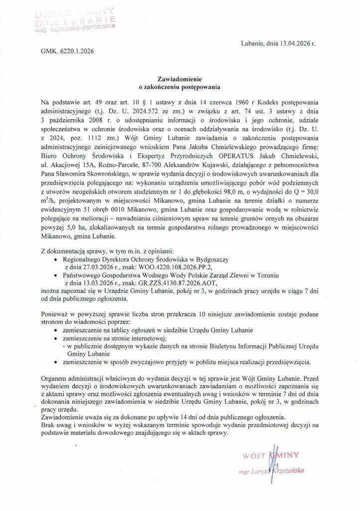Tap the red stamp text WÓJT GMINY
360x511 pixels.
click(270, 455)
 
